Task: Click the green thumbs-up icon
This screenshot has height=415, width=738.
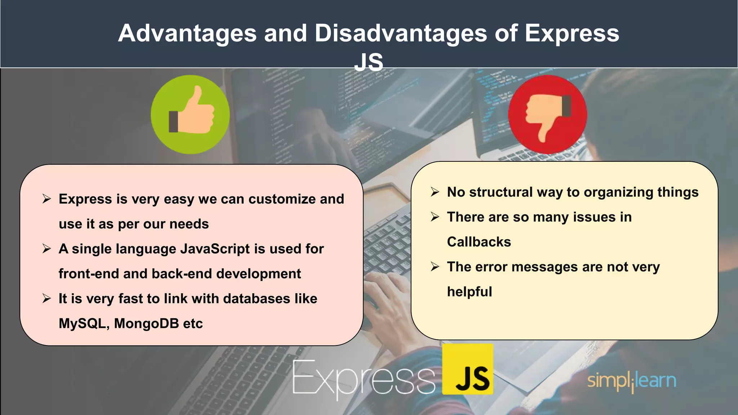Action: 190,115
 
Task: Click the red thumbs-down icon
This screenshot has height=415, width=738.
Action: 547,115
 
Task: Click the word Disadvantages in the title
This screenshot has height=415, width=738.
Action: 400,33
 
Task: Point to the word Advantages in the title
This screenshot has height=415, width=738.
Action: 187,33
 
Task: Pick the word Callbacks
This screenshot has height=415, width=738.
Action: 479,242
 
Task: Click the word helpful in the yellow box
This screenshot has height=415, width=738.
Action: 469,292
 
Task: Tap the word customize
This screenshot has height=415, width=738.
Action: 277,199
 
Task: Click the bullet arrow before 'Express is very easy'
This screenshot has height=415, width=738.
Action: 46,199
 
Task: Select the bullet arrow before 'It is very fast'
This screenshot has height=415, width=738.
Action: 46,299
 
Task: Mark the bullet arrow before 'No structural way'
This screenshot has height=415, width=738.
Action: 435,192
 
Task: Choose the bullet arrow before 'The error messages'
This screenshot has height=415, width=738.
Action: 435,267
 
